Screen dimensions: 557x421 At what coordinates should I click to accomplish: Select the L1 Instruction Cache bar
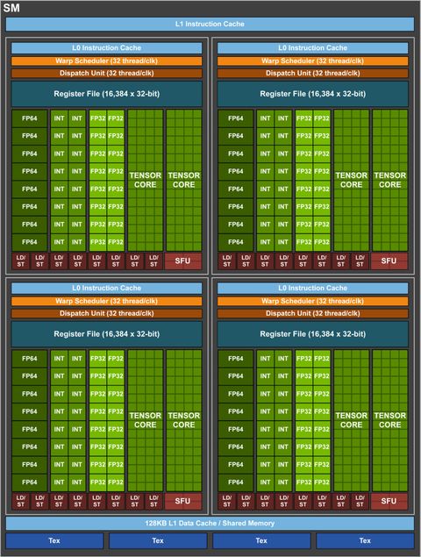(210, 24)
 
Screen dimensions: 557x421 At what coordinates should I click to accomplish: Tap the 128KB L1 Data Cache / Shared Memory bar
(210, 524)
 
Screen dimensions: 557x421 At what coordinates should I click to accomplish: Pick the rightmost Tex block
(365, 540)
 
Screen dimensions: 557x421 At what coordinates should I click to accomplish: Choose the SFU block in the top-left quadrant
(183, 261)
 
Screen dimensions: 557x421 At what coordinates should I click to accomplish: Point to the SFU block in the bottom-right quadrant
(389, 500)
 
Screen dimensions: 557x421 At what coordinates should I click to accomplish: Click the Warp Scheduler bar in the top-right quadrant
(313, 61)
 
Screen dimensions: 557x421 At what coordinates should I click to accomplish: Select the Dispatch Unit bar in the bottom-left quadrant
(106, 313)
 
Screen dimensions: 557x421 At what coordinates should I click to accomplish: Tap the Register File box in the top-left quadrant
(106, 94)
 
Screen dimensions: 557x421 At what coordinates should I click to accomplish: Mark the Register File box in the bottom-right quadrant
(313, 333)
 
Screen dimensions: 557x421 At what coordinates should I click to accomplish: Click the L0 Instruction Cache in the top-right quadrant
(313, 47)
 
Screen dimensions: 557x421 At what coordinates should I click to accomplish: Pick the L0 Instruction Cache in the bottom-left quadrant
(106, 287)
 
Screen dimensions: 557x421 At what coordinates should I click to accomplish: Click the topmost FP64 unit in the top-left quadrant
(30, 118)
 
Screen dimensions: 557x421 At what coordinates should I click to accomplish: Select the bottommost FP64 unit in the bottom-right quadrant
(236, 482)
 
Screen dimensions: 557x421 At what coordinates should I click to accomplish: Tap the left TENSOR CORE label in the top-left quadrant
(145, 180)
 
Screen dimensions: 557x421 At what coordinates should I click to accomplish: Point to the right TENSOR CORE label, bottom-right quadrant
(389, 419)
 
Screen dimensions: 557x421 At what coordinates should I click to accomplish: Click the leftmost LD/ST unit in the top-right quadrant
(226, 261)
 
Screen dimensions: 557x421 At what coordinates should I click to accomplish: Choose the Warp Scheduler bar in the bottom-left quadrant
(106, 300)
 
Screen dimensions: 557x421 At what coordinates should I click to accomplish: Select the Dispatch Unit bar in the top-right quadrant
(313, 74)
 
